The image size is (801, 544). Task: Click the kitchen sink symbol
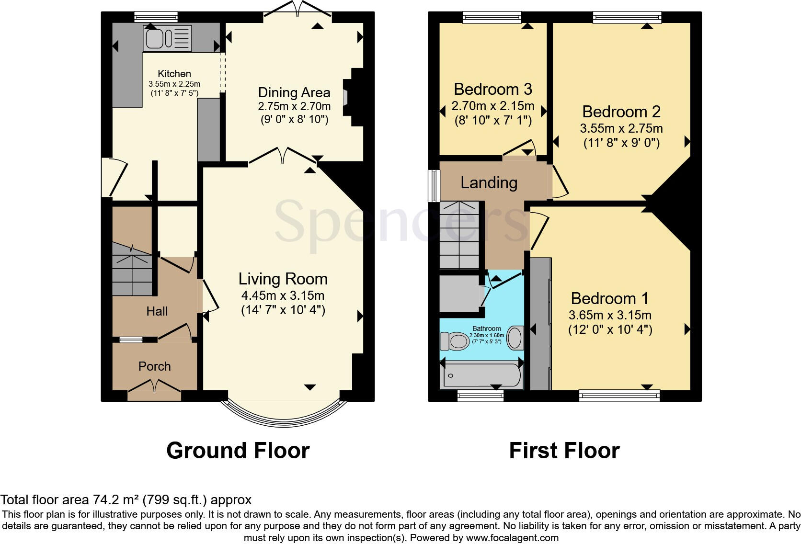coord(167,38)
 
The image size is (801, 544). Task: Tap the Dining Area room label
coord(294,92)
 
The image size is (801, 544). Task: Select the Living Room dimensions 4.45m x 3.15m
coord(283,295)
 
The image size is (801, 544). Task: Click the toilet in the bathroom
coord(454,341)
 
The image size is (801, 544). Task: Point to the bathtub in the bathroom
coord(482,376)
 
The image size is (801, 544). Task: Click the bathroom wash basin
coord(515,337)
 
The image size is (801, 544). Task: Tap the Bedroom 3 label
coord(493,90)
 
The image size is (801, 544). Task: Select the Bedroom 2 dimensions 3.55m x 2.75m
coord(621,128)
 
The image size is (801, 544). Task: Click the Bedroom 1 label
coord(609,298)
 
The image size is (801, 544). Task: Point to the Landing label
coord(489,182)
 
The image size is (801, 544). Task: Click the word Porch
coord(154,366)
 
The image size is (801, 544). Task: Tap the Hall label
coord(157,311)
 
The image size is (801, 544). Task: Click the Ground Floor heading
coord(238,451)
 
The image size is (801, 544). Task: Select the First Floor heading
coord(564,451)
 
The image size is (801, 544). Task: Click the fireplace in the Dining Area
coord(356,97)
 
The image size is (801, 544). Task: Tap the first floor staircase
coord(459,235)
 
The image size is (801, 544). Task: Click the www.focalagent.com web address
coord(512,537)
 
